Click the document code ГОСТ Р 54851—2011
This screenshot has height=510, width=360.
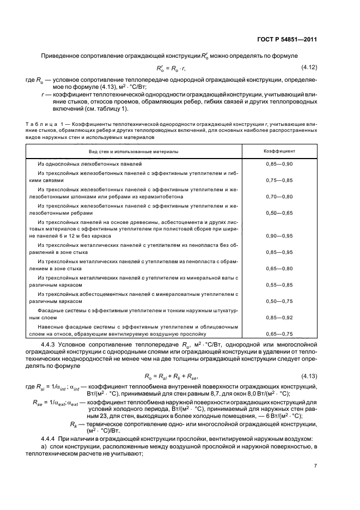(287, 39)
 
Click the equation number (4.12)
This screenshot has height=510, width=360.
(309, 67)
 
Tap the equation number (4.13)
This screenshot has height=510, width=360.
(309, 375)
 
